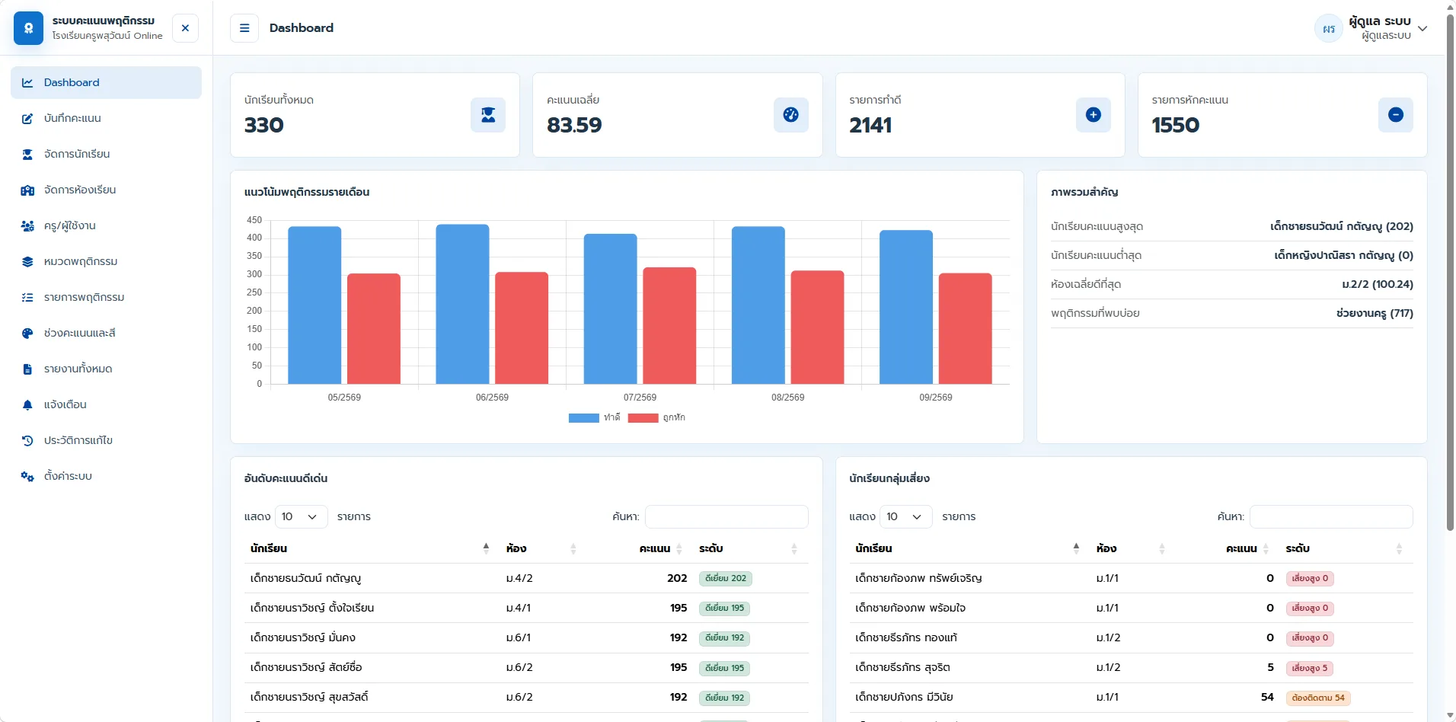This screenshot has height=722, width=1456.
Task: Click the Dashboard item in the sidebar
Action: tap(106, 82)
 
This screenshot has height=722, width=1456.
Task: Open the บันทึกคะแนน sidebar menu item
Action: tap(72, 118)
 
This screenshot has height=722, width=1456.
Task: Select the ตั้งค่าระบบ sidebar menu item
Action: tap(68, 476)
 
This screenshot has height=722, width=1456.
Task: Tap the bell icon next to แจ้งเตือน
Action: tap(27, 404)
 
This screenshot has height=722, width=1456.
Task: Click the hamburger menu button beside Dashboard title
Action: tap(244, 28)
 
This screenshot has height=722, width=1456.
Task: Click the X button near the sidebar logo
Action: tap(185, 28)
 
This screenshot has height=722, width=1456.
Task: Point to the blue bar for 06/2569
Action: tap(462, 304)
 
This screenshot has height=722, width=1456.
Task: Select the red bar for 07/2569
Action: tap(669, 325)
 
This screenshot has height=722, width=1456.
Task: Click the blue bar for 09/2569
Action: tap(906, 307)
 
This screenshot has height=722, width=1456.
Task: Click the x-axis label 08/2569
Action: tap(787, 398)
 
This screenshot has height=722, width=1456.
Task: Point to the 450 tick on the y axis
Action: tap(254, 220)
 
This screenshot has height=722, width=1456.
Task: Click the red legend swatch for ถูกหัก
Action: tap(643, 417)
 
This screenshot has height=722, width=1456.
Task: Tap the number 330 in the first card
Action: tap(264, 125)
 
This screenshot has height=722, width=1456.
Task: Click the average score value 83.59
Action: tap(574, 125)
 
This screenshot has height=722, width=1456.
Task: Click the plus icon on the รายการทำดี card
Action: tap(1094, 115)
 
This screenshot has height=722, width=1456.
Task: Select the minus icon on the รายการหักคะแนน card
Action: tap(1396, 115)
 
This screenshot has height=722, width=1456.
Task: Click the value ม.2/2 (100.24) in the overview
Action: tap(1378, 284)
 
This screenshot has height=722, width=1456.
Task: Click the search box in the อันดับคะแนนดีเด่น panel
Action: tap(726, 516)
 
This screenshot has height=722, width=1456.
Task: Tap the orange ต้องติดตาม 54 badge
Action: tap(1318, 698)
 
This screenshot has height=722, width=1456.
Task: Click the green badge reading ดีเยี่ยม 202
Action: tap(726, 578)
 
